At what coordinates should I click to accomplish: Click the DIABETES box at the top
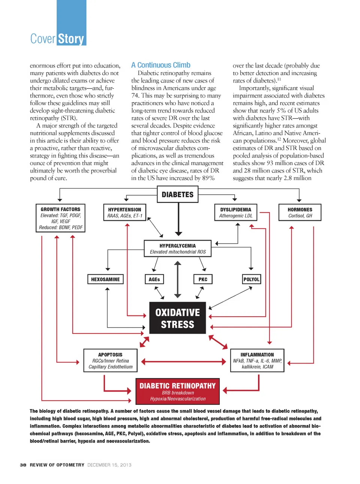point(177,194)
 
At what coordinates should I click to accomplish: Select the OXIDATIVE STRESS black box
point(177,318)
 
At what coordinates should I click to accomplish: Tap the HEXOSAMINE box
point(105,279)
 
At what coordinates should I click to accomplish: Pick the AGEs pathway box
point(154,279)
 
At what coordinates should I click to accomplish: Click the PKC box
point(203,279)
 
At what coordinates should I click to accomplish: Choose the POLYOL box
point(251,279)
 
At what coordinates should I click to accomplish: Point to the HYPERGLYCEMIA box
point(178,248)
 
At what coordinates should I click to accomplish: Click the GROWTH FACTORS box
point(60,218)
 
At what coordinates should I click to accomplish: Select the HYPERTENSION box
point(124,212)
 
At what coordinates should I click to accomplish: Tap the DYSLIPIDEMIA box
point(236,212)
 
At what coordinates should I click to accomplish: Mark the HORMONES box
point(300,212)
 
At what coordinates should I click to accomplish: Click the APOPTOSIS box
point(110,361)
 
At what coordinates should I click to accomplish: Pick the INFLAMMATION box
point(257,361)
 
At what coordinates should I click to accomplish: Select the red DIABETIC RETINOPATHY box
point(177,391)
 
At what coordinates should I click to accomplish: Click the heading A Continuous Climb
point(161,65)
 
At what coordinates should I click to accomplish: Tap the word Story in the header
point(71,39)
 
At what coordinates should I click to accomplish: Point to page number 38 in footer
point(23,465)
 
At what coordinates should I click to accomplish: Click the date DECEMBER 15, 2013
point(109,465)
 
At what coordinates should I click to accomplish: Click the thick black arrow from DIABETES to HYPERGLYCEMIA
point(178,219)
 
